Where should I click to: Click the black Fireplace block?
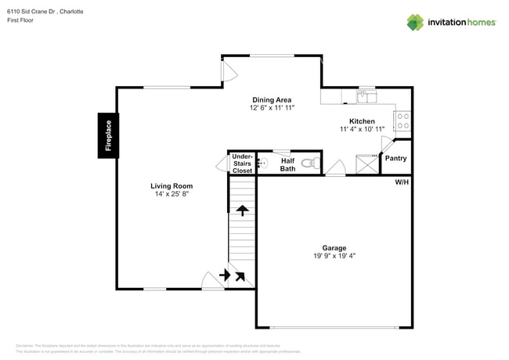click(108, 135)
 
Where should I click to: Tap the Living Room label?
click(171, 185)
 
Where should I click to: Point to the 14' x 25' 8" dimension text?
click(171, 194)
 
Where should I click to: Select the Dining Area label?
click(272, 99)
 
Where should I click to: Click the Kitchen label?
click(362, 121)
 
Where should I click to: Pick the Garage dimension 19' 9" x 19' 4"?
click(334, 255)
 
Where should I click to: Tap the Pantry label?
click(395, 158)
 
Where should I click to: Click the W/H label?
click(402, 182)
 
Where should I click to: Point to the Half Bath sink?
click(263, 163)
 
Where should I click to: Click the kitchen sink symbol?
click(366, 97)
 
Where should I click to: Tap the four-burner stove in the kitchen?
click(403, 121)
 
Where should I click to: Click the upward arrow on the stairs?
click(242, 211)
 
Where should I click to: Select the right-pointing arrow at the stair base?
click(226, 275)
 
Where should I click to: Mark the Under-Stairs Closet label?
click(242, 163)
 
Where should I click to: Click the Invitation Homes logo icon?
click(415, 22)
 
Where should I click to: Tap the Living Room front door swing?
click(210, 280)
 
